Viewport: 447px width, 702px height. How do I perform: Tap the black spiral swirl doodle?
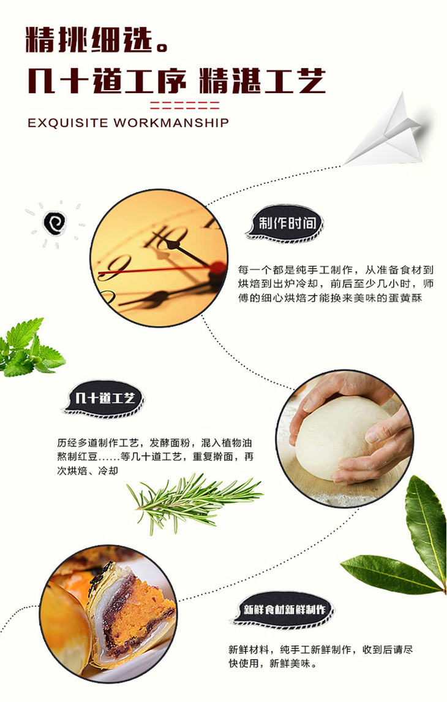point(54,223)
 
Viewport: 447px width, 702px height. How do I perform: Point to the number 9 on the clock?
point(115,267)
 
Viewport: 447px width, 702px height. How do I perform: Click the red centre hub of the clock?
point(218,268)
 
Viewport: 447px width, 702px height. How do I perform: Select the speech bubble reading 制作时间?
point(285,223)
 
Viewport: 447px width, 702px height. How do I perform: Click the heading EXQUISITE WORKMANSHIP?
point(129,123)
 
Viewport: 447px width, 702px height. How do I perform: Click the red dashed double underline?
point(184,105)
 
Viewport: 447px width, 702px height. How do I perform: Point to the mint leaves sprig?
point(31,346)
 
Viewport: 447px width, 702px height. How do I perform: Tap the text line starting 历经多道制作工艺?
point(155,443)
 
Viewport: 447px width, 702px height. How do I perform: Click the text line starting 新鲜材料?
point(320,649)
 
